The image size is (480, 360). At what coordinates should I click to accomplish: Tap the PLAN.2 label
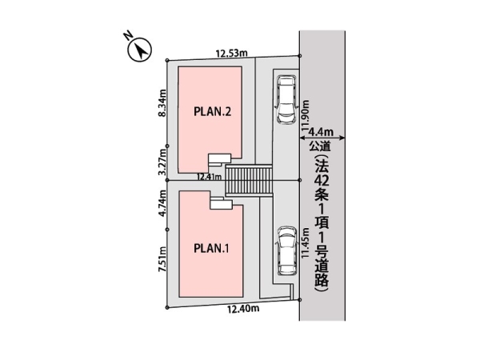(213, 113)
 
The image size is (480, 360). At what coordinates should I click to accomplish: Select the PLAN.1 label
(212, 248)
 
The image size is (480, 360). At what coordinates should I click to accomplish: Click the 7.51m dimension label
(162, 261)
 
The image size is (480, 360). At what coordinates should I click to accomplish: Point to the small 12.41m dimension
(210, 177)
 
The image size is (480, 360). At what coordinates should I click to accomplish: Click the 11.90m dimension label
(305, 119)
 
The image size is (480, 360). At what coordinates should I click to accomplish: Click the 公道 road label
(322, 146)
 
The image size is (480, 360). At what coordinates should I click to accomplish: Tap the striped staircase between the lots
(249, 180)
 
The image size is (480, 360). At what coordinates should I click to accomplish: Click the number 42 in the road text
(322, 190)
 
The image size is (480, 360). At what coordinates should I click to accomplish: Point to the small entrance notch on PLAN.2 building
(218, 158)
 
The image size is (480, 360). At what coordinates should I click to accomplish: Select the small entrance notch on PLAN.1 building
(218, 203)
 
